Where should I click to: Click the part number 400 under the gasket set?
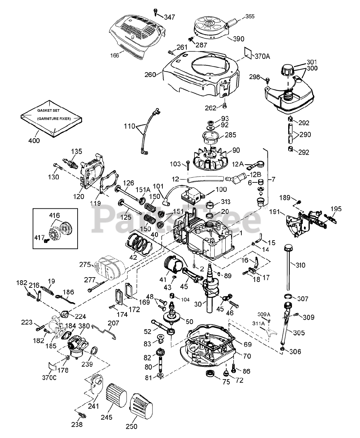(34, 141)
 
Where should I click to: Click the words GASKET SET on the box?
(48, 111)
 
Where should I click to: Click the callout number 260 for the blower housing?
(150, 75)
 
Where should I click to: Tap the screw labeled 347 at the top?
(156, 12)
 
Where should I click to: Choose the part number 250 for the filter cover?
(131, 426)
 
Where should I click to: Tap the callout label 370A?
(262, 56)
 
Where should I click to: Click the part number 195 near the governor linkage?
(336, 209)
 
